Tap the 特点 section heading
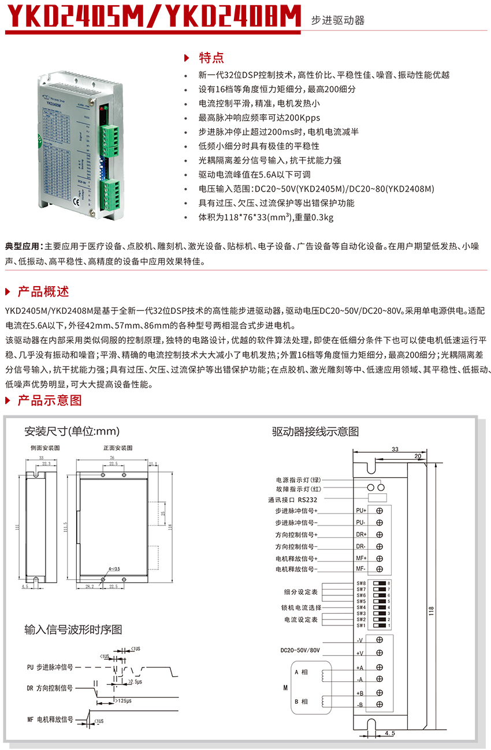[x=211, y=58]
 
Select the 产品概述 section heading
[x=43, y=291]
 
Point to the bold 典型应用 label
[x=23, y=246]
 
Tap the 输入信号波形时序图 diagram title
[x=73, y=629]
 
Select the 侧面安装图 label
[x=45, y=448]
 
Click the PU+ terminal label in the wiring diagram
[x=361, y=511]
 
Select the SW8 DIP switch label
[x=361, y=583]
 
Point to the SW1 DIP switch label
[x=361, y=625]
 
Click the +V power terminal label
[x=360, y=652]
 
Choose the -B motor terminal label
[x=360, y=705]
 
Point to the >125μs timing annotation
[x=122, y=700]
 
